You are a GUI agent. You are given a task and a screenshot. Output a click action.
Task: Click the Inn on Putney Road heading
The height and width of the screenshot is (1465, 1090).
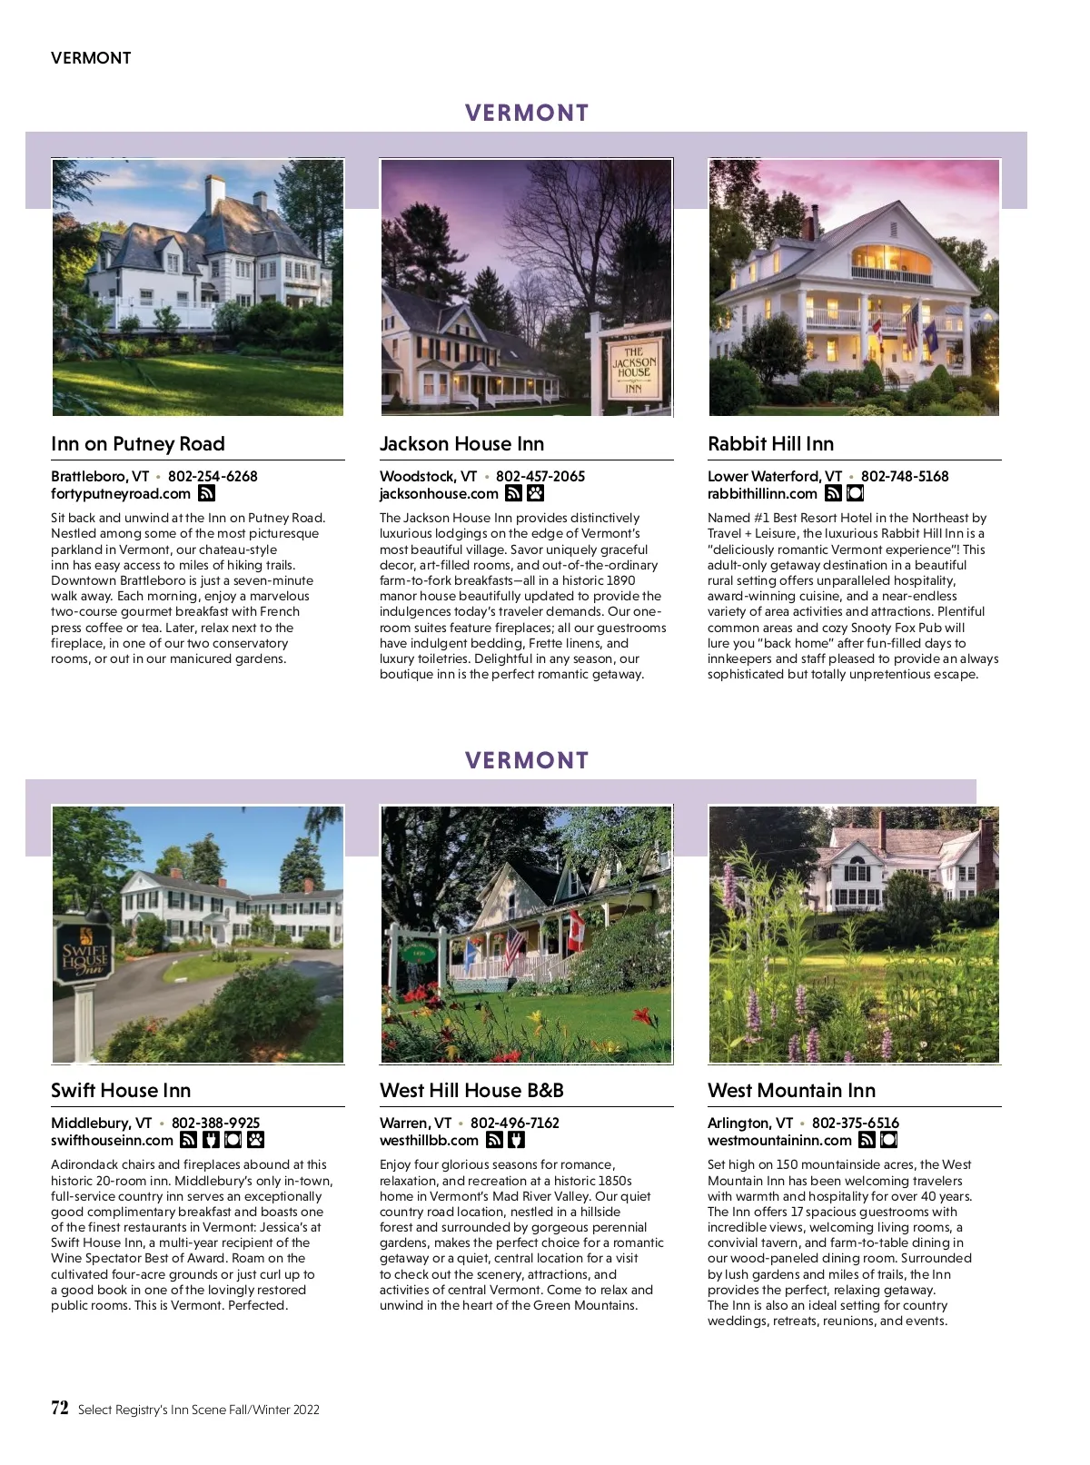point(138,444)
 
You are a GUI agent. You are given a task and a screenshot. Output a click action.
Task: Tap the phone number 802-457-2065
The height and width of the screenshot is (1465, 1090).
point(540,476)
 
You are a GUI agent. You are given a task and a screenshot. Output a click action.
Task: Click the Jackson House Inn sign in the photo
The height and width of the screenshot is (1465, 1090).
point(633,367)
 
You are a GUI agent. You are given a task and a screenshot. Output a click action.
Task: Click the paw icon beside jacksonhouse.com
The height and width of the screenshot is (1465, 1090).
point(536,494)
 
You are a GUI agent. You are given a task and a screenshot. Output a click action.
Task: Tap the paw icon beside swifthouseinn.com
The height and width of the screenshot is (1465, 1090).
point(255,1141)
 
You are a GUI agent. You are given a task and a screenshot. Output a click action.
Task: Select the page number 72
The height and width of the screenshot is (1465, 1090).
point(60,1409)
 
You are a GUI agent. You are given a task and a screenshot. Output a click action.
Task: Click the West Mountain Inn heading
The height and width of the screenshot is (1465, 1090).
point(791,1091)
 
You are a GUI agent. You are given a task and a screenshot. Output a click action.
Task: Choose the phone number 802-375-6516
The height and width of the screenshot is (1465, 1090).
point(855,1123)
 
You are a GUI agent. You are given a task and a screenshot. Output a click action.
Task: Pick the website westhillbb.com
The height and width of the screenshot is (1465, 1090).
point(429,1141)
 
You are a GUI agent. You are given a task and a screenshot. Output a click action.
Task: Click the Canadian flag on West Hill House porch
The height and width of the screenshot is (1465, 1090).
point(575,931)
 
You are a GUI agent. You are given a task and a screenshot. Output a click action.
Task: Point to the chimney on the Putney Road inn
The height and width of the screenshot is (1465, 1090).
point(214,193)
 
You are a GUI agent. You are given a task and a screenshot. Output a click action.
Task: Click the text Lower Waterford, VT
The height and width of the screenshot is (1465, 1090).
point(775,476)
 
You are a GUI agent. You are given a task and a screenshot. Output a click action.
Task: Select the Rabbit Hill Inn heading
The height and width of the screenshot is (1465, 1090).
point(770,444)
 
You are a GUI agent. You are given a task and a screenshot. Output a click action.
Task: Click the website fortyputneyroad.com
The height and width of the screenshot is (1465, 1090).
point(121,494)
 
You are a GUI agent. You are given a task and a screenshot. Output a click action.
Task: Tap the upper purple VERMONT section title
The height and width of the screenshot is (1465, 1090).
point(527,114)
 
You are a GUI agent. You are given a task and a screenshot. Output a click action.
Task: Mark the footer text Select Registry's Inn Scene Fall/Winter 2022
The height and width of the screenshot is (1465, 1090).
point(199,1410)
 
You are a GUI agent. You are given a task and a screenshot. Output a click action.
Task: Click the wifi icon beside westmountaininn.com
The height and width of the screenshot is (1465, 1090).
point(867,1141)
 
